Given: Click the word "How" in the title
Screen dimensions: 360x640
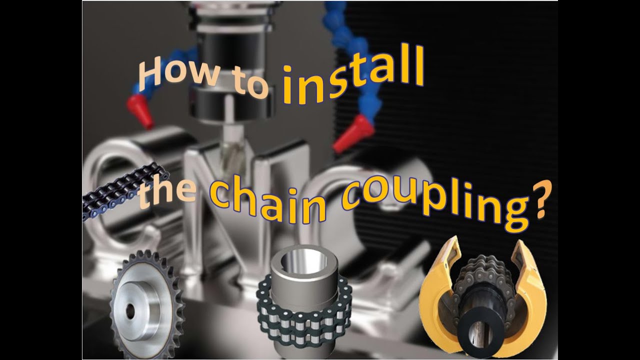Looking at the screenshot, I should [169, 72].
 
